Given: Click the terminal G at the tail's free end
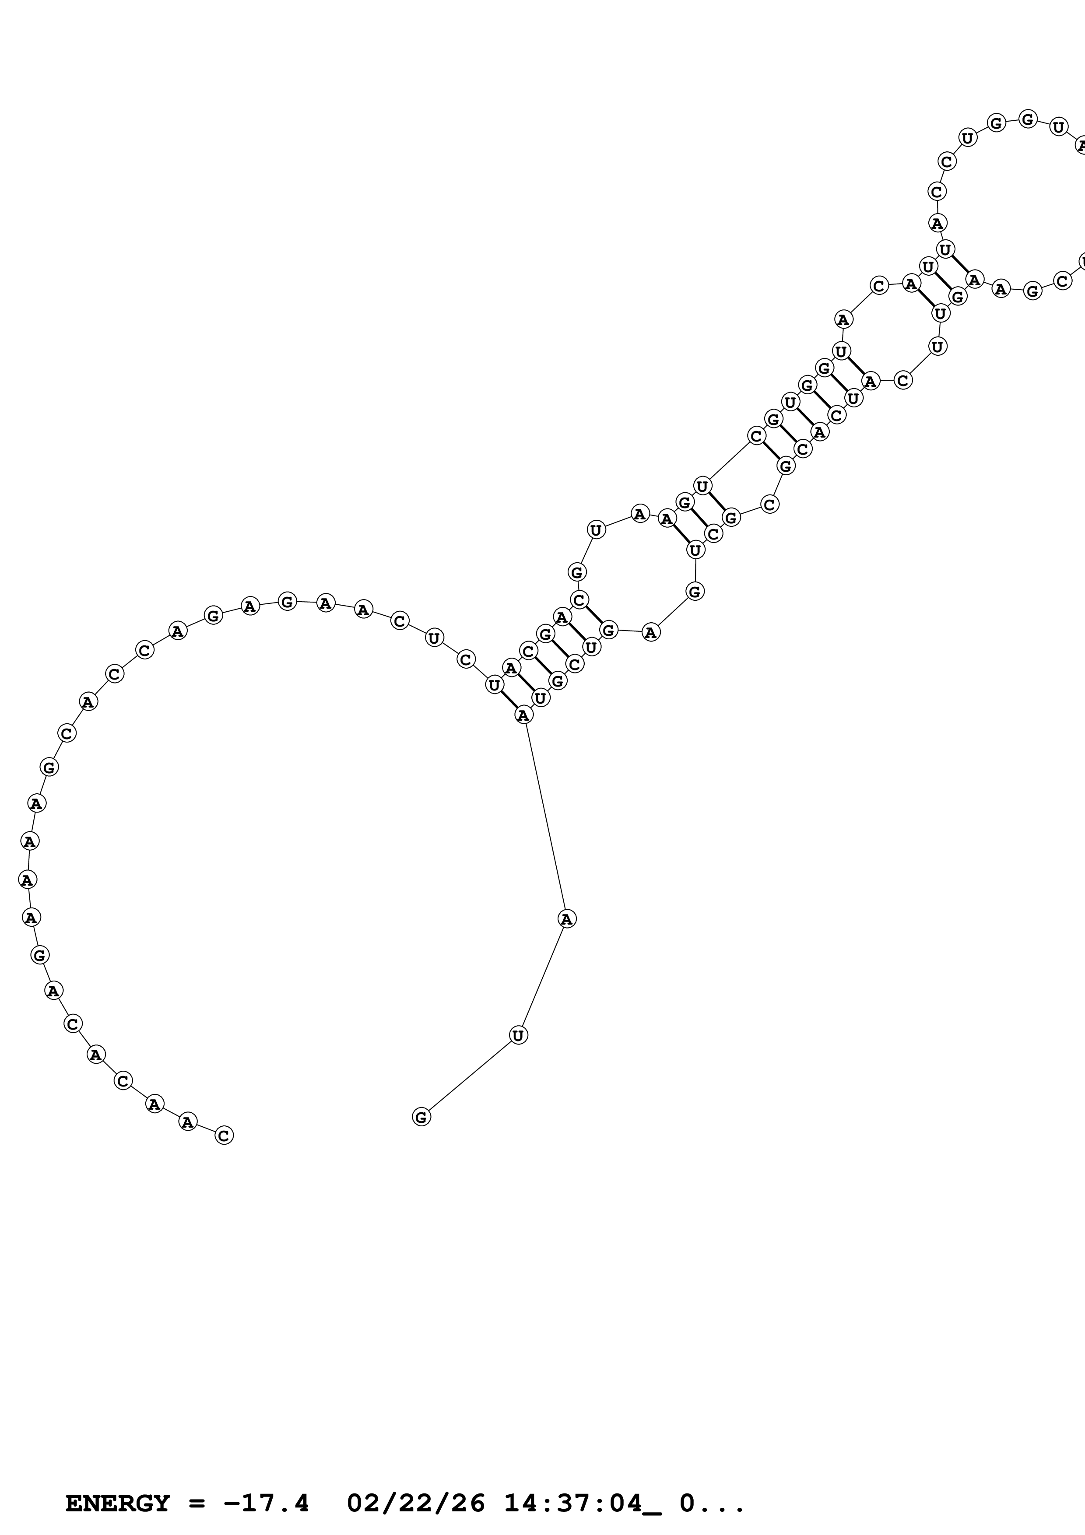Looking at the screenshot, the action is [x=421, y=1117].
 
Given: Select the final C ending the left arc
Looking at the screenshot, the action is [x=224, y=1135].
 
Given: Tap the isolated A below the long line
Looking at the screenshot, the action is [x=567, y=919].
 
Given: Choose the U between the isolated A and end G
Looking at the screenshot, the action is [x=518, y=1035].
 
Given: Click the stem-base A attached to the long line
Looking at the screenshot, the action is [x=524, y=715].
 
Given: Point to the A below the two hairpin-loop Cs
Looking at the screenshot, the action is [x=937, y=223].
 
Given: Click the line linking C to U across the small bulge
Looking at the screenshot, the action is [x=729, y=461].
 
